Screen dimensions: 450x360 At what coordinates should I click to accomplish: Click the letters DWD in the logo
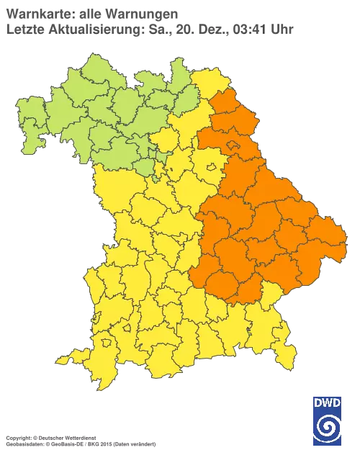tap(328, 402)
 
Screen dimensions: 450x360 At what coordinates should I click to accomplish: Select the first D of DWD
tap(318, 402)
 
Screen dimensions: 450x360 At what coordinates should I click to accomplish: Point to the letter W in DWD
tap(328, 402)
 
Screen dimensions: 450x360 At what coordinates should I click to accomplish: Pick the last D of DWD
tap(338, 402)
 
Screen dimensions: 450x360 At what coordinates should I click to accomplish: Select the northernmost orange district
tap(225, 101)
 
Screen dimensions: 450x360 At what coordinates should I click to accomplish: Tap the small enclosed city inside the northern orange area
tap(232, 146)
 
